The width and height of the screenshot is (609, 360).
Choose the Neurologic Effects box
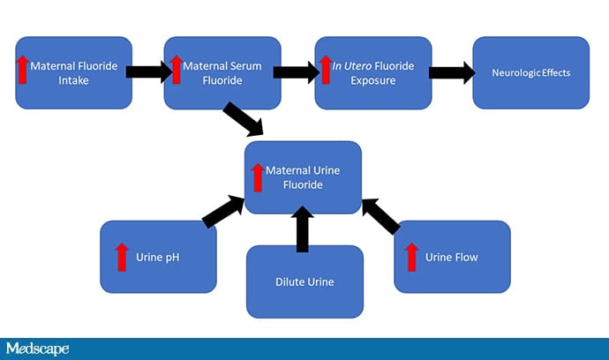pos(530,72)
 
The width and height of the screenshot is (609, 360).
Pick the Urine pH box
pos(159,257)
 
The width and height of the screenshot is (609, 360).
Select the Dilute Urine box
pos(304,281)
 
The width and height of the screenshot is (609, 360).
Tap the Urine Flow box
pos(452,257)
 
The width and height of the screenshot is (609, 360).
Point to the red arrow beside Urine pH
pos(122,257)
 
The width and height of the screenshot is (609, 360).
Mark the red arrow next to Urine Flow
pos(411,257)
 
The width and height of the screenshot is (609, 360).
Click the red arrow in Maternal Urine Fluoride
pos(258,176)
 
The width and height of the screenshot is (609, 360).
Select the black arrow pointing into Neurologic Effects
pos(451,71)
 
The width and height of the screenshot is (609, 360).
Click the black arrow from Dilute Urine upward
pos(304,229)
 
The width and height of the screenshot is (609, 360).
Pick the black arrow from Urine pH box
pos(223,212)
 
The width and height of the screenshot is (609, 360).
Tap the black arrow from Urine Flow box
pos(382,215)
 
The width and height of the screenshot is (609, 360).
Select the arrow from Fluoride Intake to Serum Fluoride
pos(147,71)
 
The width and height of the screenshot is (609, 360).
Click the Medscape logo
pos(36,349)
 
